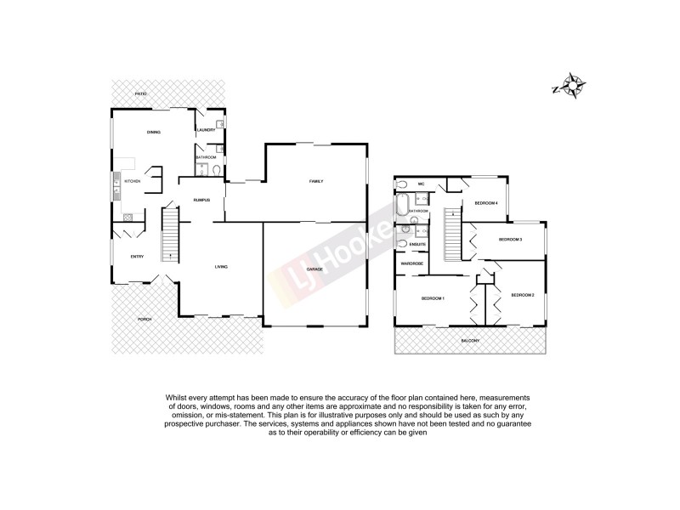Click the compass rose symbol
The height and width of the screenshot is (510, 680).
570,86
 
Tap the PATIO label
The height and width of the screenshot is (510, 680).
141,93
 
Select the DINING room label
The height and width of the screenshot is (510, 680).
153,132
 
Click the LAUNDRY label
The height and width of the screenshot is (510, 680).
207,130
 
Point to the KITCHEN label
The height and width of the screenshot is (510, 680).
133,181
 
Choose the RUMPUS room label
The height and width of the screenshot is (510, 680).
201,200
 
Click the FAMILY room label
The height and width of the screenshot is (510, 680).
315,181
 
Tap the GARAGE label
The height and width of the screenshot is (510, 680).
314,269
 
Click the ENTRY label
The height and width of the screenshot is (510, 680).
136,257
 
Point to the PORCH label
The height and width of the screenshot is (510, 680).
144,319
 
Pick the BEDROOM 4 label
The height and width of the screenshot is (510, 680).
485,203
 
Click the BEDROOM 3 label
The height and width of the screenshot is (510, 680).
509,240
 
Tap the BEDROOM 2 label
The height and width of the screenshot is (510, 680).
522,295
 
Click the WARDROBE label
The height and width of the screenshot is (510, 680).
412,264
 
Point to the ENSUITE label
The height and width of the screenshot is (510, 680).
417,245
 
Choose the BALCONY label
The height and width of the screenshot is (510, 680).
470,341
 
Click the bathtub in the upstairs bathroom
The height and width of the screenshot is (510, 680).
401,207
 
